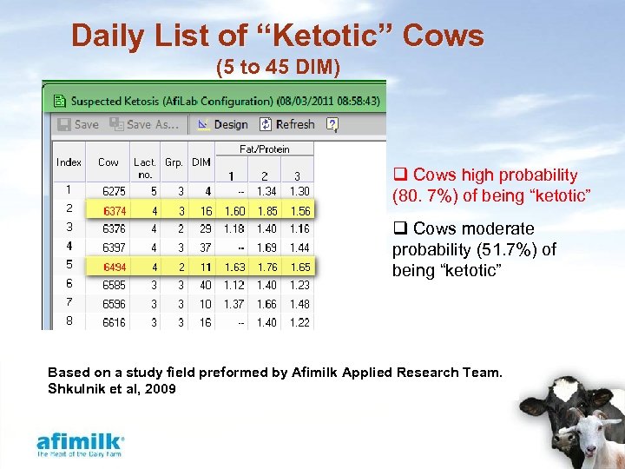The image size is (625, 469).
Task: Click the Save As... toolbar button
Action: (148, 124)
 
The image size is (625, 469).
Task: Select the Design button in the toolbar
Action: (222, 124)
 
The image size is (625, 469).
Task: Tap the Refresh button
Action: (285, 124)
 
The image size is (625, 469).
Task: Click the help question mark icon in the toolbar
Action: (332, 124)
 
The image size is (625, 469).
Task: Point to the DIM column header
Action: (201, 162)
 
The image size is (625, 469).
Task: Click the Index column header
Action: (69, 162)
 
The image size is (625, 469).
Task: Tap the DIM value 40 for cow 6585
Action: (205, 285)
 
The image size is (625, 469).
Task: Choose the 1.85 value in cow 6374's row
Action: (266, 210)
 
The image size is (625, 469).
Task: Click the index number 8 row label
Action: (69, 321)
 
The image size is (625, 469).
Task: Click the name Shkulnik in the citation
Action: (79, 388)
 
